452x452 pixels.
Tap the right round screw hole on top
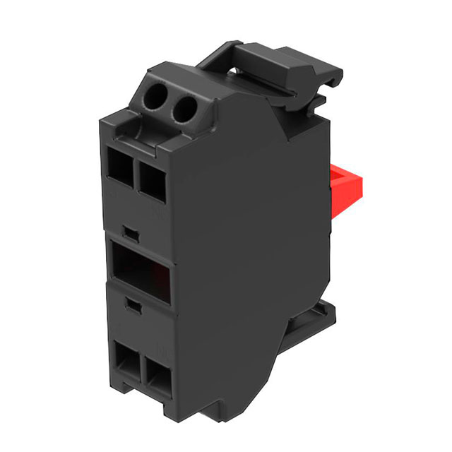pos(183,108)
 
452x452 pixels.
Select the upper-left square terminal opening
pos(119,167)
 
